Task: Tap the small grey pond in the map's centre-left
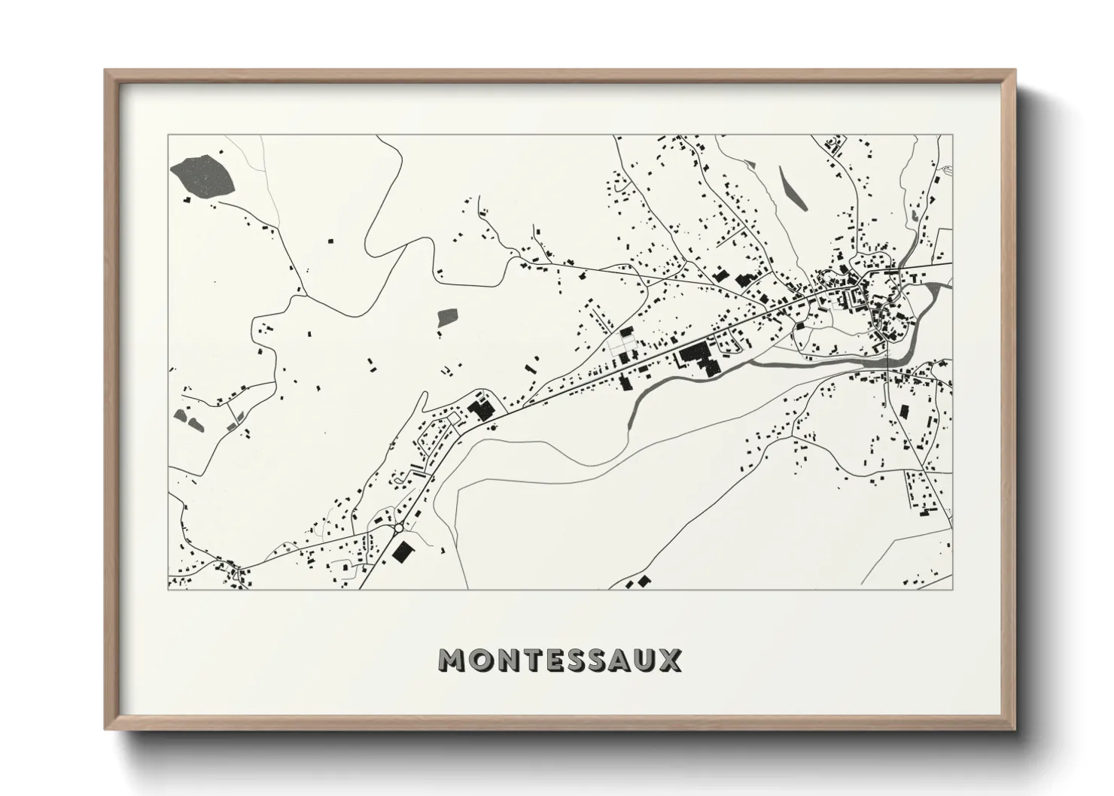pos(447,317)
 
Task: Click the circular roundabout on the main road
pos(397,528)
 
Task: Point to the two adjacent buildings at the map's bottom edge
pos(637,582)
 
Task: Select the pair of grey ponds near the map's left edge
pos(188,419)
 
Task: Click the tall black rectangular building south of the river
pos(902,412)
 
